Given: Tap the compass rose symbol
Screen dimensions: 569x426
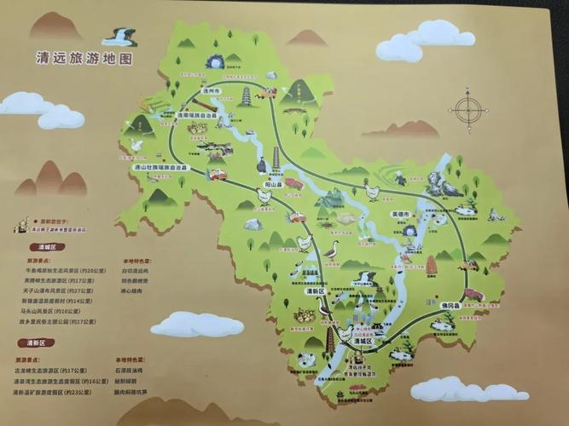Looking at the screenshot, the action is click(467, 108).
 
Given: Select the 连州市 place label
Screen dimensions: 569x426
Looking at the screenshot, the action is click(212, 89).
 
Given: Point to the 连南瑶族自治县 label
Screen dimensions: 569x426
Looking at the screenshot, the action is click(200, 114).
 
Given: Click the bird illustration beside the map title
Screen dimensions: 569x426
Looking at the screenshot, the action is click(119, 37).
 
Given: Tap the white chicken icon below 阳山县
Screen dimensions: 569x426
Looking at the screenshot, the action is click(264, 197).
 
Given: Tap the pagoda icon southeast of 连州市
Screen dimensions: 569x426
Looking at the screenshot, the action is click(247, 95).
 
